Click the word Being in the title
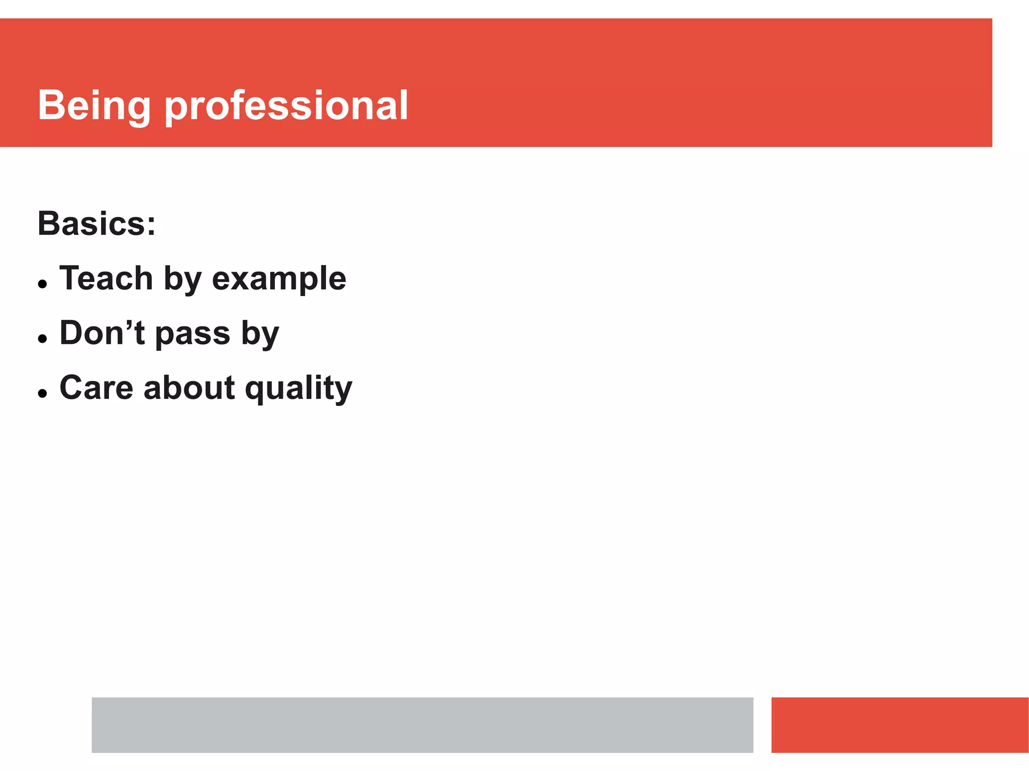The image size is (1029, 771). pos(94,106)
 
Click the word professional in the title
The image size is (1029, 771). pos(286,106)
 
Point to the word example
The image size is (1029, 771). pos(279,279)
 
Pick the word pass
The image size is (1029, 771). pos(192,334)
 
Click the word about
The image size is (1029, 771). pos(189,388)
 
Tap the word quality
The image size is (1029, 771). pos(298,389)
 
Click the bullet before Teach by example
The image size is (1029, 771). pos(43,284)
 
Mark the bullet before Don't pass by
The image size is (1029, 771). pos(43,339)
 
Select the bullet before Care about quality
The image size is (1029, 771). pos(43,394)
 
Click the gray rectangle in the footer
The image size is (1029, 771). pos(422,724)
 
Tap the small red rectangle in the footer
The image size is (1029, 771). pos(899,724)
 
